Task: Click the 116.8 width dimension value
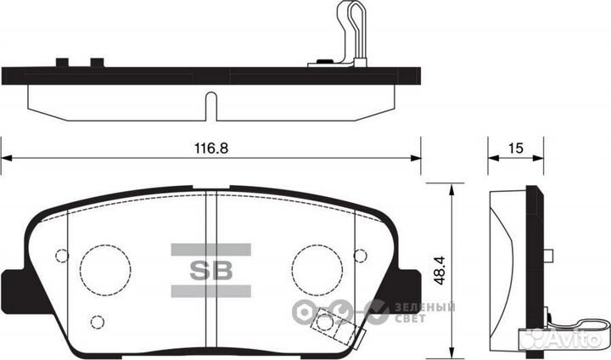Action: coord(210,147)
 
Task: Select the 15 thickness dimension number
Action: coord(513,147)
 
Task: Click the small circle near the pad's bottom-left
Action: coord(97,322)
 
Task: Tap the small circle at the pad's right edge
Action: coord(360,256)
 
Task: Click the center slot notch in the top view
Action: coord(210,105)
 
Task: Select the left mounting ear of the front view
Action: coord(14,281)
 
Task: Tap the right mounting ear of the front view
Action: coord(407,281)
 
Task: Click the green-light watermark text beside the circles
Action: coord(423,312)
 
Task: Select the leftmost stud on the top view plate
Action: coord(61,61)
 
